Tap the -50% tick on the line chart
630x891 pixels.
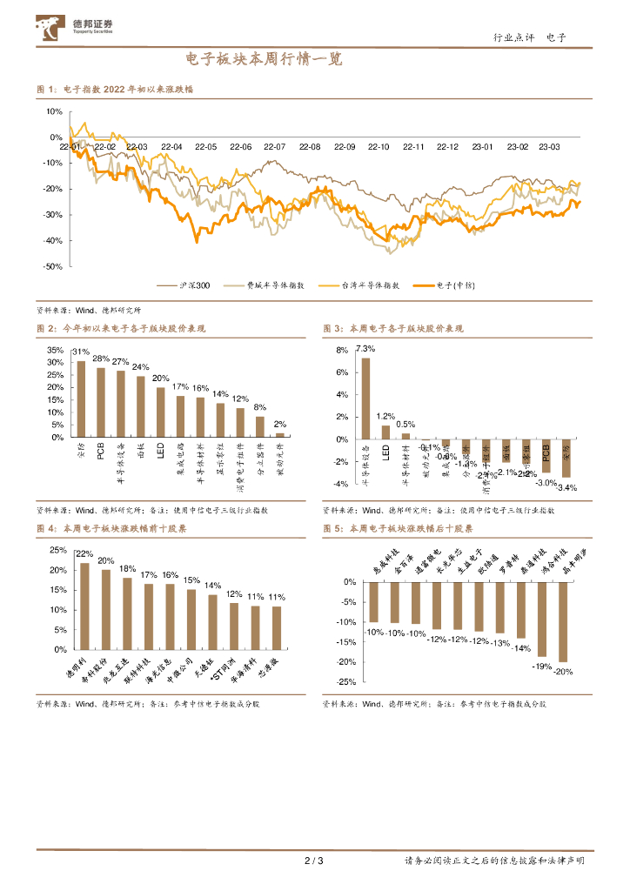pyautogui.click(x=53, y=266)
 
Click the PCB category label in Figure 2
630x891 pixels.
pyautogui.click(x=101, y=452)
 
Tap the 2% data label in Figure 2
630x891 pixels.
pyautogui.click(x=280, y=424)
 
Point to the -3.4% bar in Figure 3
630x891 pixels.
pyautogui.click(x=566, y=458)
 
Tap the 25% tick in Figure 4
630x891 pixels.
pyautogui.click(x=57, y=550)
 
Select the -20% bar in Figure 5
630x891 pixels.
pyautogui.click(x=563, y=621)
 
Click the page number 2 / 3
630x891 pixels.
pyautogui.click(x=314, y=861)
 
